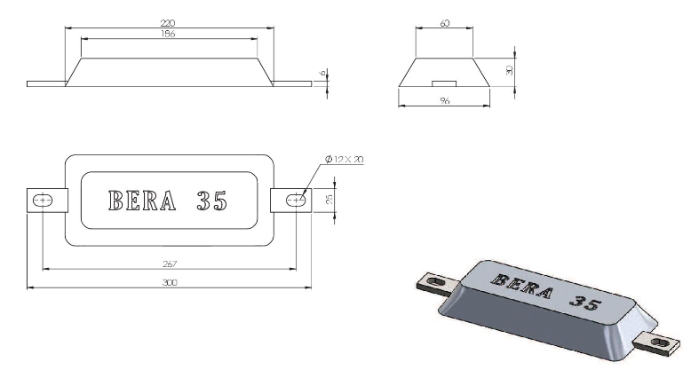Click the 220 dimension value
168,23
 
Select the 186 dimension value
168,34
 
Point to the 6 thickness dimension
322,73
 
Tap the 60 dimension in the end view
445,23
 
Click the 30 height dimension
510,69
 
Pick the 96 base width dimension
444,100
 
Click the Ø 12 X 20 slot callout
344,160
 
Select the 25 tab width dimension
330,199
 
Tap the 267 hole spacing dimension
170,264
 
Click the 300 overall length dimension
170,282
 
